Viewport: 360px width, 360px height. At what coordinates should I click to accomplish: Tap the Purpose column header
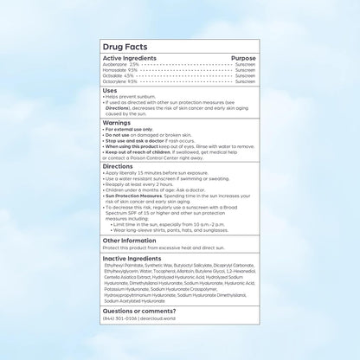click(244, 58)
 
